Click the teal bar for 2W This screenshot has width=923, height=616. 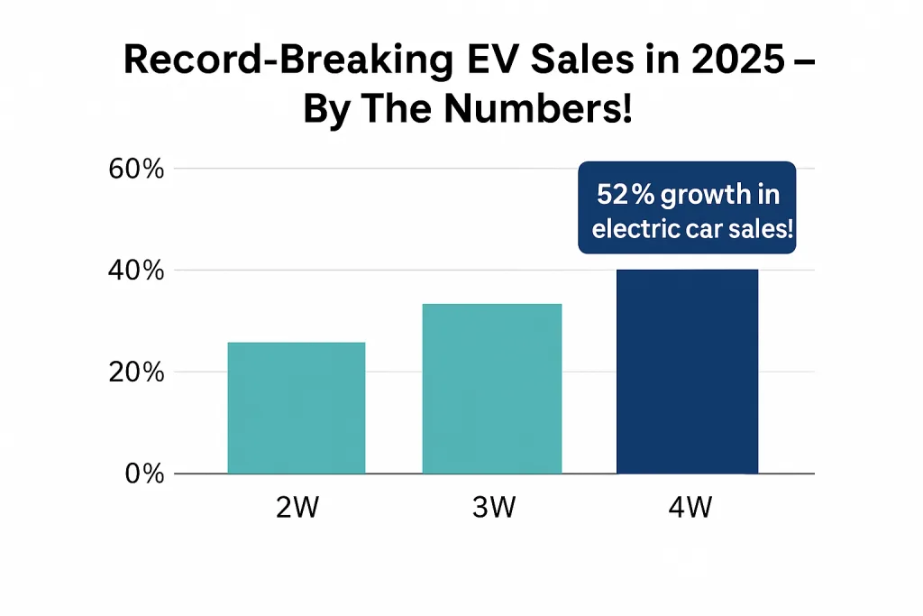pos(296,408)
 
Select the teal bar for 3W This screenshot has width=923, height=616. pos(491,388)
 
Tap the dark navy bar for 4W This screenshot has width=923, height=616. pos(687,372)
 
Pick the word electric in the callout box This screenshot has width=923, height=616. pos(631,228)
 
